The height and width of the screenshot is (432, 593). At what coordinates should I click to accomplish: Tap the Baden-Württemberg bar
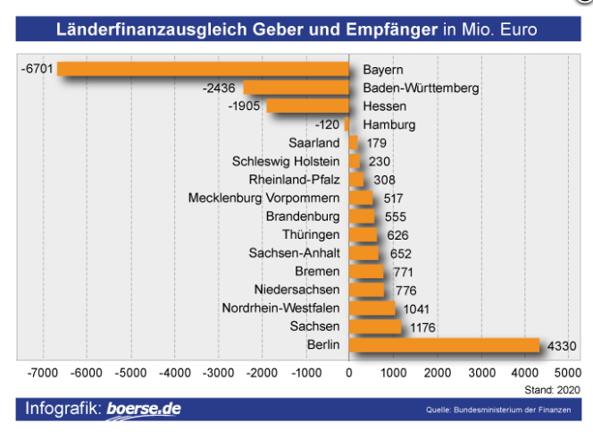click(x=296, y=88)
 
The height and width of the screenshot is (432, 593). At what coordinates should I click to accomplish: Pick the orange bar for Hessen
click(x=307, y=106)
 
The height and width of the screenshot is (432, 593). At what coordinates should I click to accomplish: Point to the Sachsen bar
click(x=375, y=326)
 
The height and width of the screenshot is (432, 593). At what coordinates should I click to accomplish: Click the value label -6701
click(x=37, y=69)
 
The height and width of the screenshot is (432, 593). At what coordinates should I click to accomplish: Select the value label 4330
click(x=563, y=345)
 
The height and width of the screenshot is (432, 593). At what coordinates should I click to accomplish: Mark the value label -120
click(x=328, y=124)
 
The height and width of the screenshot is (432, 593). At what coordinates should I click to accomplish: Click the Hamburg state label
click(x=390, y=124)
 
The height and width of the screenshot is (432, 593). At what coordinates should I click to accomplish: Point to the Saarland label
click(x=314, y=143)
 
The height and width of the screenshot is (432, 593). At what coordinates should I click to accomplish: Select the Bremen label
click(x=317, y=272)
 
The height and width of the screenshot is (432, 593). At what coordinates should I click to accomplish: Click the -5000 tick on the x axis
click(x=129, y=372)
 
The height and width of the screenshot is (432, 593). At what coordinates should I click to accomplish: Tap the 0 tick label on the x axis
click(x=349, y=372)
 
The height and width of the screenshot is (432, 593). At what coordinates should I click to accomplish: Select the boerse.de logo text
click(x=143, y=409)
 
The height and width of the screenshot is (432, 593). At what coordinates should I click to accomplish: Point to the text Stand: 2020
click(x=551, y=389)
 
